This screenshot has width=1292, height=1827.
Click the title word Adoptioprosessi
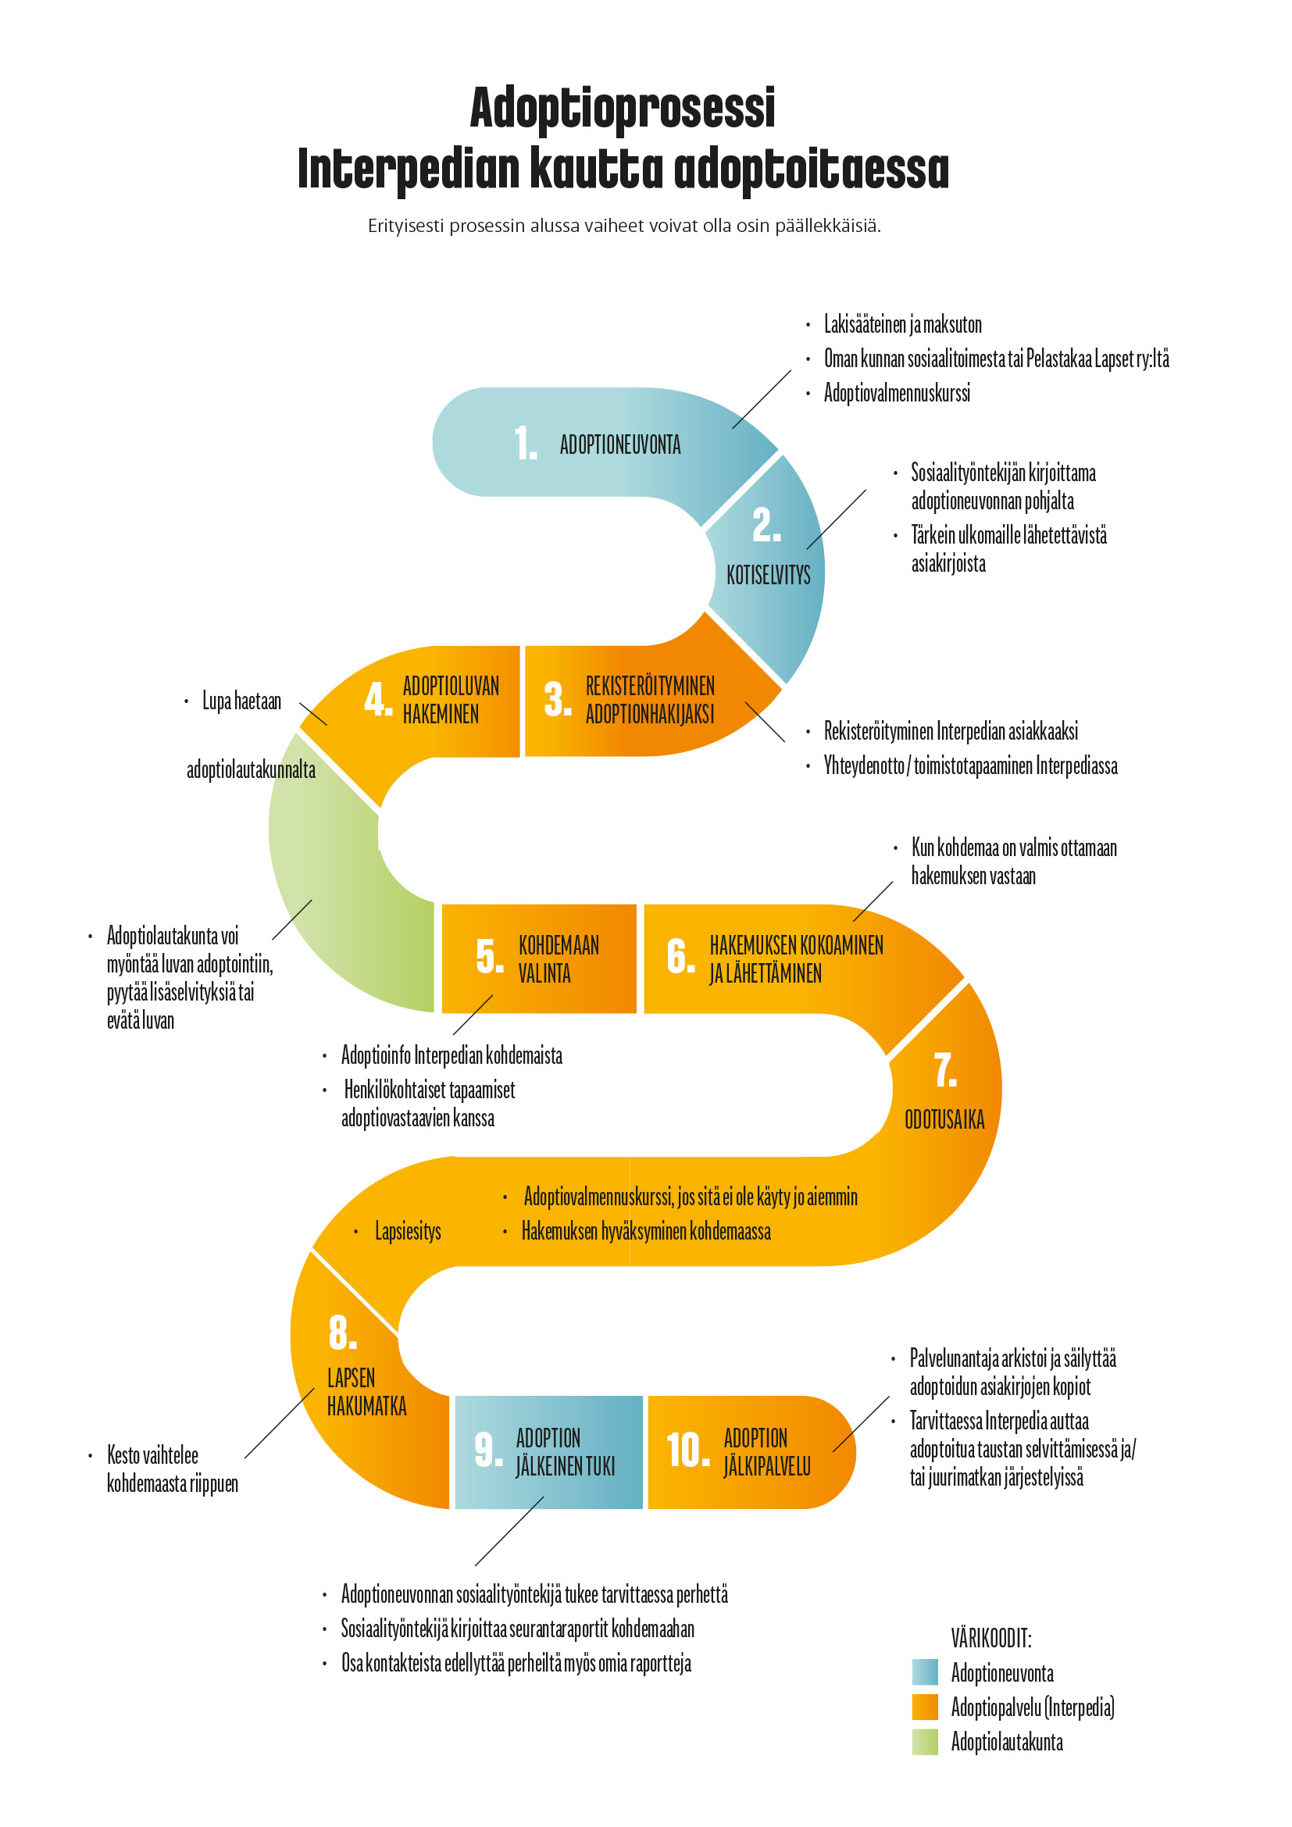622,109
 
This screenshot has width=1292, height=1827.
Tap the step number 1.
525,443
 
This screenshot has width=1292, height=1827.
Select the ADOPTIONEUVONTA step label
619,444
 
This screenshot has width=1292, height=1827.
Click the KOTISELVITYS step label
768,575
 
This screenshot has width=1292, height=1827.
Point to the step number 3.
557,699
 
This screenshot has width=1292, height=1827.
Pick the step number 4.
378,699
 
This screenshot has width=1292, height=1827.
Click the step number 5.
489,957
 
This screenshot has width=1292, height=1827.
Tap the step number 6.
680,957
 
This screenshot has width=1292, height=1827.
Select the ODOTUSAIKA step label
944,1119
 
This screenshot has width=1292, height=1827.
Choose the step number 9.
487,1449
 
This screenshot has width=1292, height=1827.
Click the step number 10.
687,1449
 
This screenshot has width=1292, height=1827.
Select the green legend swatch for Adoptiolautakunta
924,1741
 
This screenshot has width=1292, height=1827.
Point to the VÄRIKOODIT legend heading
990,1638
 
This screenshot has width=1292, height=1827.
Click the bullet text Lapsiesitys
407,1231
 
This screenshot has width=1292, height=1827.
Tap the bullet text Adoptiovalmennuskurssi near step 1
897,393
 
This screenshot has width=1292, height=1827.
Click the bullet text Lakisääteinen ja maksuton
902,325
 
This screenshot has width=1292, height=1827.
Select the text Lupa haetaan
241,701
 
